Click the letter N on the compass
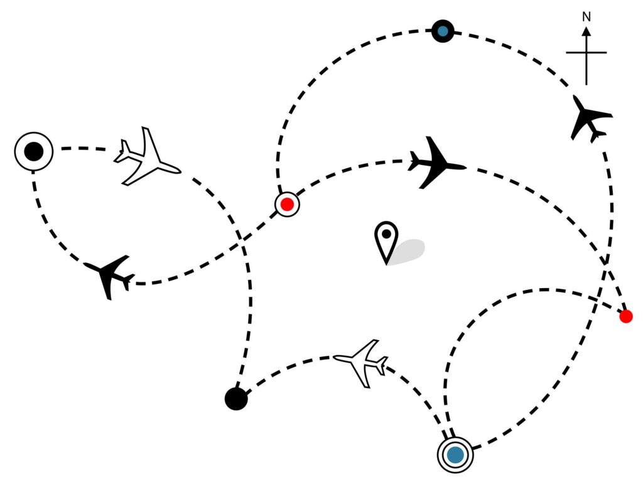click(x=586, y=17)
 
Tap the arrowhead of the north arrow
click(x=586, y=31)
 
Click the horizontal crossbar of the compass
click(x=586, y=53)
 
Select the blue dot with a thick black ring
click(x=443, y=31)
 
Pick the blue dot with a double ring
click(x=455, y=454)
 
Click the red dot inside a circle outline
click(x=287, y=204)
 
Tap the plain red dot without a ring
click(x=626, y=316)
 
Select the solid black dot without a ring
click(x=236, y=399)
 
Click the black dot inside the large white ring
click(x=34, y=151)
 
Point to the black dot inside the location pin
click(x=386, y=234)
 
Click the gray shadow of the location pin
click(x=408, y=251)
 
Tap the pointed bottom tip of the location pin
click(x=386, y=264)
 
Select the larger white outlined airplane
click(x=147, y=158)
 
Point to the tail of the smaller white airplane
click(x=383, y=366)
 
